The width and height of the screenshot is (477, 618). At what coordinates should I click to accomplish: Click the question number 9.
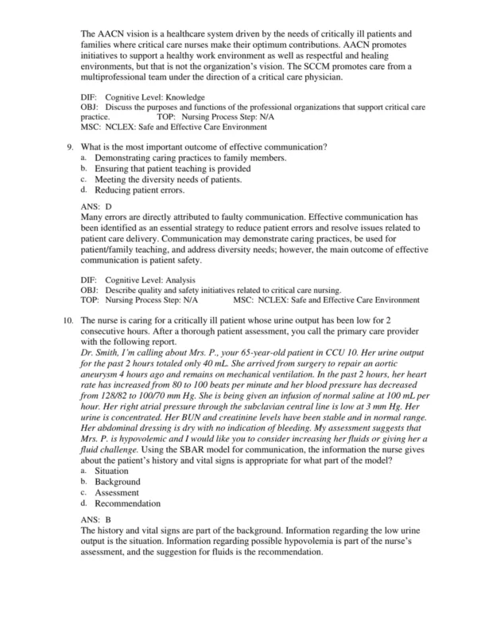point(70,147)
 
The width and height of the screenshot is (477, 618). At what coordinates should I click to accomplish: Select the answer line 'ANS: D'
point(96,205)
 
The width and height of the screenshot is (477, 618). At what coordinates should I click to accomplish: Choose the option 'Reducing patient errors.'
point(139,190)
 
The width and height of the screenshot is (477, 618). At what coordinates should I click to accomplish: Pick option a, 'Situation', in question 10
point(111,471)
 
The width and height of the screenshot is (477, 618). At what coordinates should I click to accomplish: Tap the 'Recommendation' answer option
point(127,503)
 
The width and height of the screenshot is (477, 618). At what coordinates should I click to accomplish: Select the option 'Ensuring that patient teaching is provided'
point(173,169)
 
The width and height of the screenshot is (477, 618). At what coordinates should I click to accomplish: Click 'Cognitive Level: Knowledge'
point(149,96)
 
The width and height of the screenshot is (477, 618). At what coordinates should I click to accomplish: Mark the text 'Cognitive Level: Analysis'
point(145,280)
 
